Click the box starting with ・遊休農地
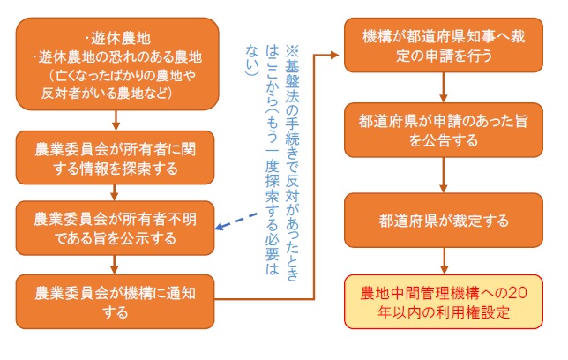115,64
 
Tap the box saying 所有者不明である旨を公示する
115,225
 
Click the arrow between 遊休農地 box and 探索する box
116,120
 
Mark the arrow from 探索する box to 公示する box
116,190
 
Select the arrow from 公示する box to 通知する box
116,263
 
